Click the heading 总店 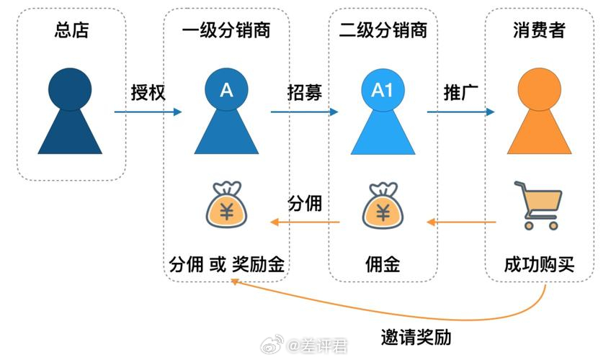(x=72, y=30)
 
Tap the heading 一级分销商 (x=226, y=30)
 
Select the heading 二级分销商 (x=383, y=30)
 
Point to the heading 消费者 (x=539, y=30)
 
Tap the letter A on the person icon (x=226, y=90)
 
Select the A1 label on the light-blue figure (x=382, y=90)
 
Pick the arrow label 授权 (x=148, y=93)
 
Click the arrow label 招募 (x=305, y=93)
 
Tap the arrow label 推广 (x=461, y=93)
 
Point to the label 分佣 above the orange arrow (x=305, y=203)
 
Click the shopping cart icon (x=538, y=205)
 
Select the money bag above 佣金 (x=383, y=205)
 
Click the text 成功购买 (x=539, y=265)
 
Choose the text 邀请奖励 (x=416, y=337)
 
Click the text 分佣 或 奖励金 (x=226, y=265)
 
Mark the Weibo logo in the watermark (x=272, y=345)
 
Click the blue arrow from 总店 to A (x=148, y=112)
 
